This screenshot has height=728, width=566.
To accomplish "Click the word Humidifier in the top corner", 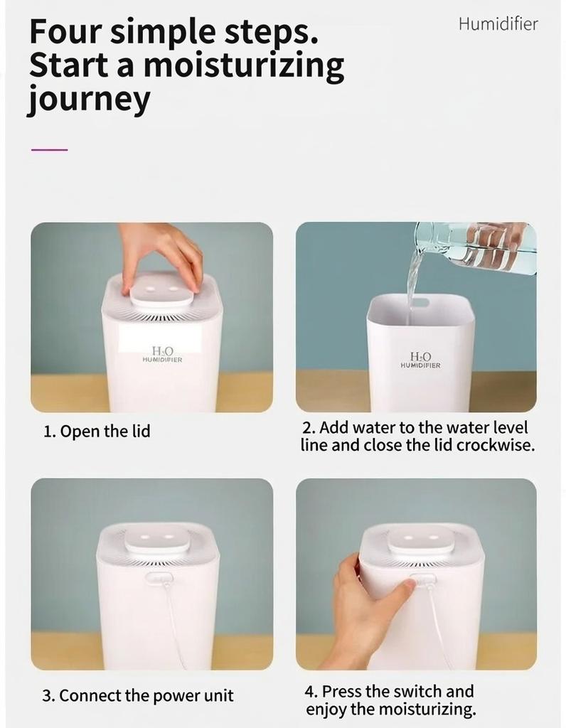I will (x=498, y=24).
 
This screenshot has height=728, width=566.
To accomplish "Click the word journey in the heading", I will (x=89, y=100).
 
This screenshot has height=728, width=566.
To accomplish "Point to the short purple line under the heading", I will (x=50, y=150).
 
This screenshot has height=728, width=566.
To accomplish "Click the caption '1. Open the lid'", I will (x=97, y=431).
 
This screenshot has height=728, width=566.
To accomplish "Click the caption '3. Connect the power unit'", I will (x=137, y=695).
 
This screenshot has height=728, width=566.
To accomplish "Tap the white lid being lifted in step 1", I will (x=161, y=293).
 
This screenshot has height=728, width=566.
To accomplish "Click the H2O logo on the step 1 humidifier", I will (x=162, y=352).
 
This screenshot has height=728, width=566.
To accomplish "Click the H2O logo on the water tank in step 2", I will (x=420, y=358).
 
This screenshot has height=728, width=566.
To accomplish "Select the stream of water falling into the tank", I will (x=412, y=284).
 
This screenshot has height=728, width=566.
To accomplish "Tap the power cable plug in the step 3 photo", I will (x=159, y=578).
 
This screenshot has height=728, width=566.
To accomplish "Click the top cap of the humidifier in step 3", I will (x=157, y=539).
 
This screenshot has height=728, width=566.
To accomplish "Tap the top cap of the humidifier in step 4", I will (x=420, y=539).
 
